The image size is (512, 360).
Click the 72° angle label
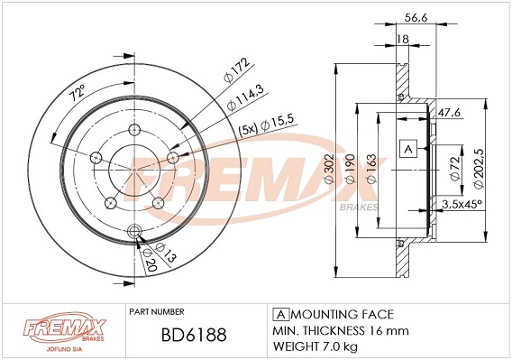77,92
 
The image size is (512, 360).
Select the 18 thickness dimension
403,40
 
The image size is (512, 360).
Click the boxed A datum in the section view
408,148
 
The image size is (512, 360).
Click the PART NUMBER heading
157,311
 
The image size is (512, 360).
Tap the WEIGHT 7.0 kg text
315,346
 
